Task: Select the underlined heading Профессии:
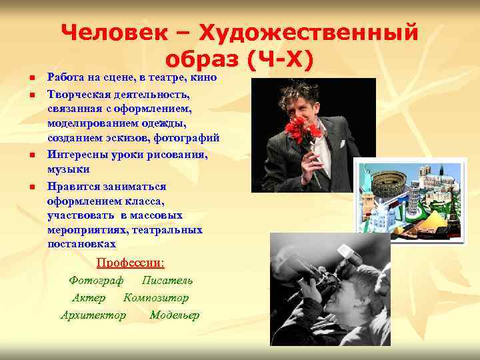click(131, 262)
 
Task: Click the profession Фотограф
click(96, 280)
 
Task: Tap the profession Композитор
click(156, 297)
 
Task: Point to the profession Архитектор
click(93, 315)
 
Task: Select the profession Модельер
click(174, 315)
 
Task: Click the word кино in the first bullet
click(205, 78)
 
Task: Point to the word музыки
click(66, 169)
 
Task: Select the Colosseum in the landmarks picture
click(387, 184)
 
